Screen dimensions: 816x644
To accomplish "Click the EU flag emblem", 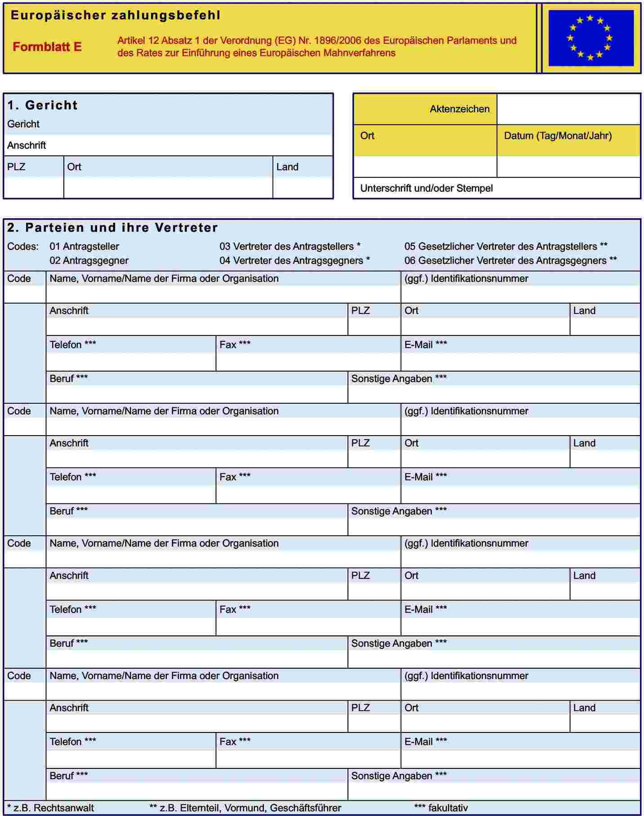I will [591, 38].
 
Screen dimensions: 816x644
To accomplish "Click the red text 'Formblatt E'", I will [47, 47].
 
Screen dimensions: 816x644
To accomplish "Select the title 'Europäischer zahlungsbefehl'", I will [115, 15].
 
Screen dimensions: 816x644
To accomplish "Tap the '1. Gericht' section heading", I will [42, 105].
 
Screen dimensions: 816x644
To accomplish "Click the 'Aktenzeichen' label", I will [459, 109].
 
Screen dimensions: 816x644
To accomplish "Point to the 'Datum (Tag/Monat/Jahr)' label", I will [557, 136].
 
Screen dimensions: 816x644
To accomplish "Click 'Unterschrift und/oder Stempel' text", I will [426, 188].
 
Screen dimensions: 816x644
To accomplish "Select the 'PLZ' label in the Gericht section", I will [16, 167].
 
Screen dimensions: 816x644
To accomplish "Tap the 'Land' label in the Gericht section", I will [287, 167].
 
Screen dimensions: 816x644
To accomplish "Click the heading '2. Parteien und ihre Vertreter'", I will [112, 228].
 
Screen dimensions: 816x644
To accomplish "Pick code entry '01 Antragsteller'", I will [84, 247].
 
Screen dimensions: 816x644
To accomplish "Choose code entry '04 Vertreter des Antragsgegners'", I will [294, 260].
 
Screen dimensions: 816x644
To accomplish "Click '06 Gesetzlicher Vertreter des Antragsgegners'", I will [510, 260].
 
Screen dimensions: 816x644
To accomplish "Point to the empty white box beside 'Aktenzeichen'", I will [568, 109].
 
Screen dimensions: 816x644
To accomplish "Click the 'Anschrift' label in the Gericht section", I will [27, 146].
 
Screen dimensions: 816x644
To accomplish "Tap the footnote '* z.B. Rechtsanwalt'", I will [50, 808].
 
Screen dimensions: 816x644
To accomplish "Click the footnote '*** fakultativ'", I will [441, 808].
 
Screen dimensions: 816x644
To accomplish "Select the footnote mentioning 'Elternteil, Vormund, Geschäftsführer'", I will [245, 808].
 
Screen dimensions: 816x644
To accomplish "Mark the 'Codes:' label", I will [22, 247].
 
